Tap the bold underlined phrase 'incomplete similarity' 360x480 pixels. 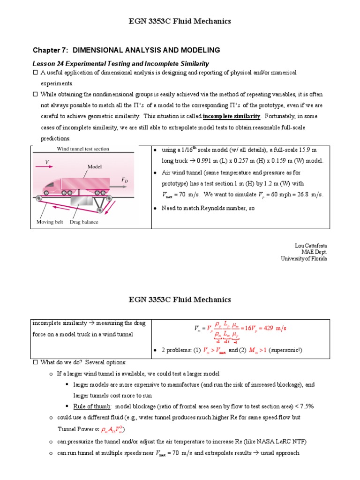point(232,116)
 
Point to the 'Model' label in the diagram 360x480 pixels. point(95,166)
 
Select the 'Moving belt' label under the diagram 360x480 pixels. point(50,222)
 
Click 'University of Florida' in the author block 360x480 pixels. point(304,258)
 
